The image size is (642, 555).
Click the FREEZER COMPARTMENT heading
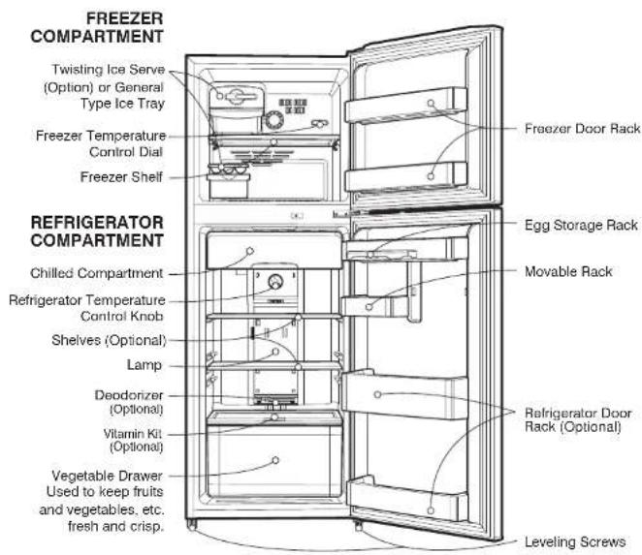click(x=97, y=27)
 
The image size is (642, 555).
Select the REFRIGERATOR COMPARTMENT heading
click(x=97, y=231)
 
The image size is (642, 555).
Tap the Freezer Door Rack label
click(x=582, y=129)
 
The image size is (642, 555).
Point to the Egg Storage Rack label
click(x=581, y=226)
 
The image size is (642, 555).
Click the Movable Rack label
click(x=568, y=271)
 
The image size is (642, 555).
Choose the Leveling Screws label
click(x=575, y=541)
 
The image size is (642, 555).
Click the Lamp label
click(x=144, y=365)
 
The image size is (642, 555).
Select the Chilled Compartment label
click(x=97, y=273)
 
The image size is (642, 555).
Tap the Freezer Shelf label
click(x=121, y=177)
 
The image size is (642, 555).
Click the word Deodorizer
click(x=129, y=395)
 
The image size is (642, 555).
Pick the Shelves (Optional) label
click(x=109, y=340)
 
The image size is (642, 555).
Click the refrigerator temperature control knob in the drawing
click(x=275, y=282)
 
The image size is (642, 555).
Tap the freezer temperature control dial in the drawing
click(x=273, y=120)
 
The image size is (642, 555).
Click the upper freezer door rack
click(x=405, y=106)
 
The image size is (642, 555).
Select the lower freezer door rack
click(x=405, y=176)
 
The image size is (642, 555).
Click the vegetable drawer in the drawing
click(x=274, y=461)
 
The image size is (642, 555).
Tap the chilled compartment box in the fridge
click(x=274, y=250)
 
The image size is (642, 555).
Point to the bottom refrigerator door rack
click(x=407, y=499)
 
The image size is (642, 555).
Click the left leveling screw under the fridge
click(x=192, y=525)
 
